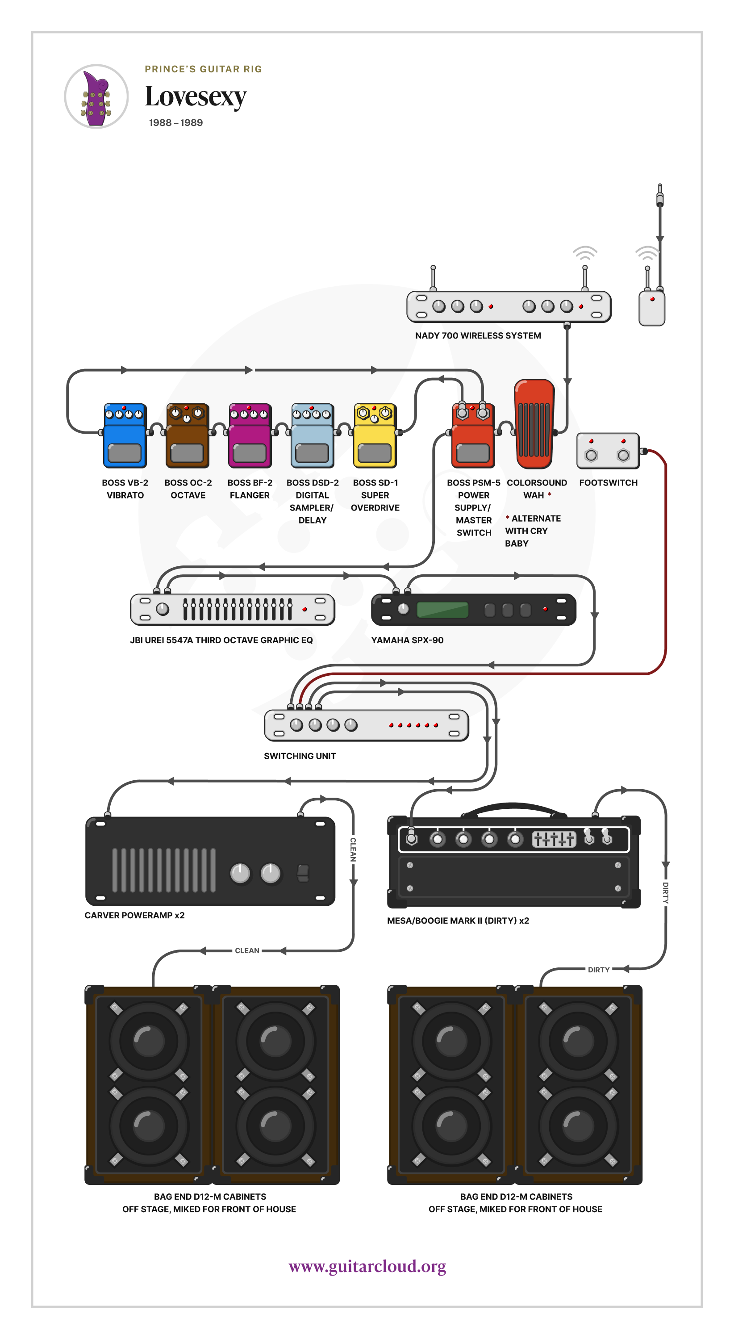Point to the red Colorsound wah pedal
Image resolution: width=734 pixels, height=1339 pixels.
tap(534, 424)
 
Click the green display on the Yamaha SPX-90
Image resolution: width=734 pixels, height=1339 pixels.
tap(442, 609)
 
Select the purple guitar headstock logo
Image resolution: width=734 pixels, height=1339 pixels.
tap(96, 97)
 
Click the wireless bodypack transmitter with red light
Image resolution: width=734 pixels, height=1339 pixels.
tap(651, 309)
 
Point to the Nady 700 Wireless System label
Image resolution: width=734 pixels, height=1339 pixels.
tap(478, 336)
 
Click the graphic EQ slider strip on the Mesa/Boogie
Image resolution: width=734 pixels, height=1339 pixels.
tap(554, 838)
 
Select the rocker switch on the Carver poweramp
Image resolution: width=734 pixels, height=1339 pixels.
tap(302, 873)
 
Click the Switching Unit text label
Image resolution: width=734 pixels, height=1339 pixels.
tap(300, 756)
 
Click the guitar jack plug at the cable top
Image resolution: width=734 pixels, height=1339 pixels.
tap(660, 196)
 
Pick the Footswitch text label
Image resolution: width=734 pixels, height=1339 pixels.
tap(608, 483)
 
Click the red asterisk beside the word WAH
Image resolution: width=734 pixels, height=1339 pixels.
tap(549, 494)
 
